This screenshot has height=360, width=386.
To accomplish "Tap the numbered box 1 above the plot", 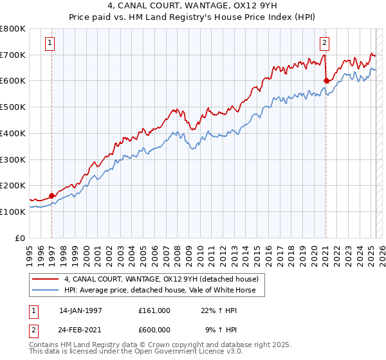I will tap(50, 44).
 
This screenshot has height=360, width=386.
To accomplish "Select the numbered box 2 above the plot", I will tap(325, 44).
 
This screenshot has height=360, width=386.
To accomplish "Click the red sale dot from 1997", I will tap(52, 195).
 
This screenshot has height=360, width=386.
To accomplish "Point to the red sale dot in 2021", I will tap(326, 81).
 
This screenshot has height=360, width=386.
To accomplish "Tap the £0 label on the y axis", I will tap(19, 238).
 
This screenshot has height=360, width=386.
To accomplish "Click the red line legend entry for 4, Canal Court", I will tap(161, 279).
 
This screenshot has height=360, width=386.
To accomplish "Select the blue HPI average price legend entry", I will tap(160, 290).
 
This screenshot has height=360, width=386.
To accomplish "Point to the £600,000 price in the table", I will tap(154, 330).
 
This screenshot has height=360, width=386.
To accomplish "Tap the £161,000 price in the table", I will tap(154, 310).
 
